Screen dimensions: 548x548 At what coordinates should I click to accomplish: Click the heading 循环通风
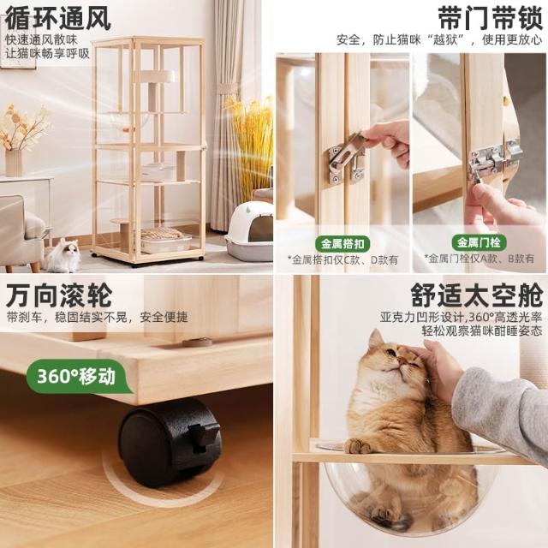pos(58,18)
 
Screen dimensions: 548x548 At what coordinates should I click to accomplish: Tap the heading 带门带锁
pos(490,18)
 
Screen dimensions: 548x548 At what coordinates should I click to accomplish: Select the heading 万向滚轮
pos(59,295)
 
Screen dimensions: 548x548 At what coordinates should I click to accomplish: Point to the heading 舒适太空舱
pos(477,295)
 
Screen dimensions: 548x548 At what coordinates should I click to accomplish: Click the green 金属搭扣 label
pos(342,243)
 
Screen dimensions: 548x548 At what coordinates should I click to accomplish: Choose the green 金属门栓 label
pos(479,242)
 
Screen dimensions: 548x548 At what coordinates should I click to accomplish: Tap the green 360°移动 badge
pos(78,377)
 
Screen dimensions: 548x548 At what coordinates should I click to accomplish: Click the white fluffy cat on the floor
pos(65,255)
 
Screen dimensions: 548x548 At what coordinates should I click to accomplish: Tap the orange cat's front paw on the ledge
pos(357,446)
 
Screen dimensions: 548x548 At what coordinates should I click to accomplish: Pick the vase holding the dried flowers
pos(14,163)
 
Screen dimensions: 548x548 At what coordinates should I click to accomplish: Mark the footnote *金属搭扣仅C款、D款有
pos(342,260)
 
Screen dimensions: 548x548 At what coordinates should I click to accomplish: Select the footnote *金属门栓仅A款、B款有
pos(479,259)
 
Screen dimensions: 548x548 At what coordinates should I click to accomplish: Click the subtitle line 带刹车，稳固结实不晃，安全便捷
pos(97,318)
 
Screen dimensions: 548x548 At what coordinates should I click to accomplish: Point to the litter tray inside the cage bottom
pos(166,241)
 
